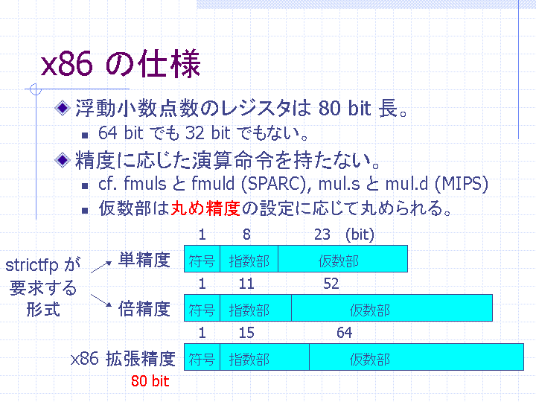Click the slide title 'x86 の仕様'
click(121, 63)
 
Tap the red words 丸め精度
click(205, 208)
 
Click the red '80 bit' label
click(150, 381)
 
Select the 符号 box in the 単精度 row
click(202, 259)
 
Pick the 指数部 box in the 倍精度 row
click(255, 307)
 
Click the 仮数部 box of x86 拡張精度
click(416, 357)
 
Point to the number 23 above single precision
click(322, 234)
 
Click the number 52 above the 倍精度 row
click(331, 284)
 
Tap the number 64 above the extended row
click(344, 333)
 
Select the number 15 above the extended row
click(246, 333)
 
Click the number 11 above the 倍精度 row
click(246, 284)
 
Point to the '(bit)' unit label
click(360, 234)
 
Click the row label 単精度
click(144, 260)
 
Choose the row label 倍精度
click(144, 309)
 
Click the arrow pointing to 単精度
click(101, 267)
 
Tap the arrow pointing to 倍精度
click(101, 300)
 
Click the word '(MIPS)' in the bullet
click(461, 184)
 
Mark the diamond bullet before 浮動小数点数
click(63, 108)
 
